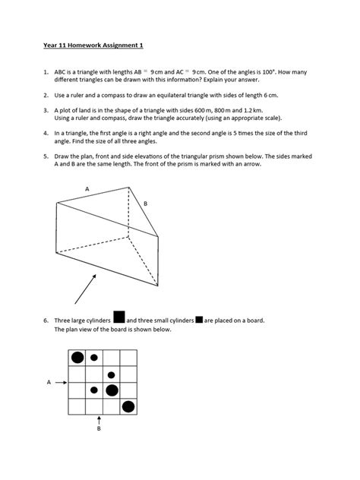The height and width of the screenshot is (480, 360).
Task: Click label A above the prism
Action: coord(87,188)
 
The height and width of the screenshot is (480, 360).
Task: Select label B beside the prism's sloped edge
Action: coord(146,204)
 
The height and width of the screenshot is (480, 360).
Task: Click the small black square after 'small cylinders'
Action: coord(199,320)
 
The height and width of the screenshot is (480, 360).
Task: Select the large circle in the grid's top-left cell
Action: coord(77,358)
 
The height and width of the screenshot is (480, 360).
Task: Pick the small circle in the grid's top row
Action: coord(94,357)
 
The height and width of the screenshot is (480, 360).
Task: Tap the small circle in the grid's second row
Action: coord(112,374)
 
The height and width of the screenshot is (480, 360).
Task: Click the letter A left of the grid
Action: coord(49,383)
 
